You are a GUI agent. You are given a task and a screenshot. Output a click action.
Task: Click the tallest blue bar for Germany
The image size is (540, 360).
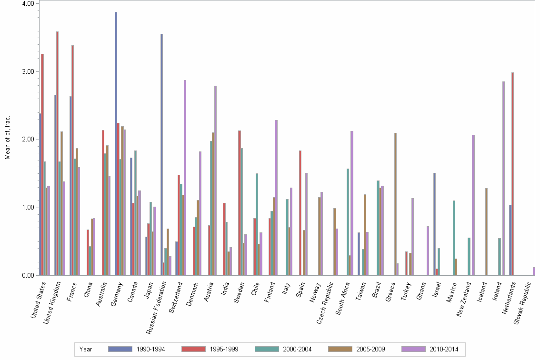(x=116, y=143)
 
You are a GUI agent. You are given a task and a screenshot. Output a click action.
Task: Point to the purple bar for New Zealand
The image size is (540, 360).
(x=473, y=205)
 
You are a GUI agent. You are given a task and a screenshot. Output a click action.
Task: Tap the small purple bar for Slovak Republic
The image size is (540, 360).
(x=534, y=271)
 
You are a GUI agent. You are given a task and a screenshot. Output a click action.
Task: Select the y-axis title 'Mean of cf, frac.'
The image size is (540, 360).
(x=7, y=138)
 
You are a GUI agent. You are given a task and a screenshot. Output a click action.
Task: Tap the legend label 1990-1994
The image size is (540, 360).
(x=150, y=349)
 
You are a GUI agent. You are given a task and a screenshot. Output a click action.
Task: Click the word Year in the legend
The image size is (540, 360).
(x=86, y=349)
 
